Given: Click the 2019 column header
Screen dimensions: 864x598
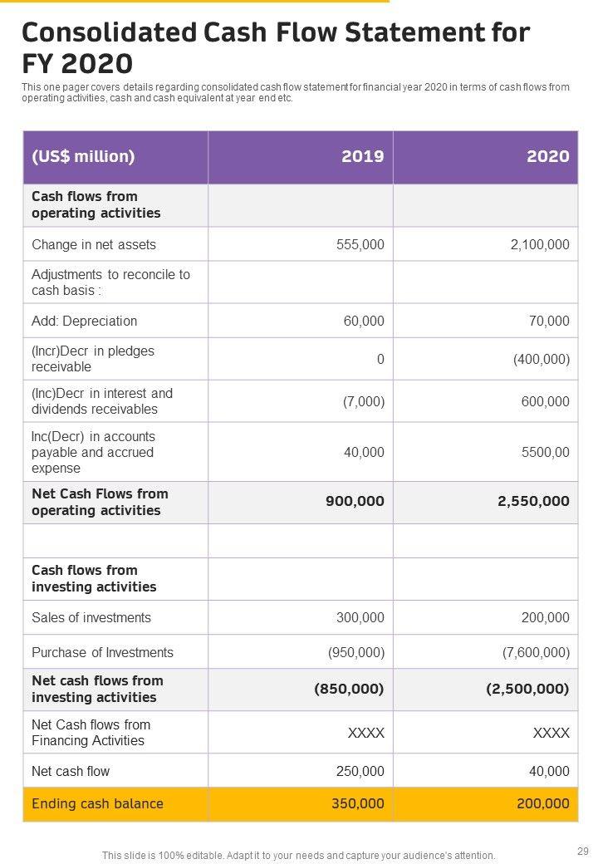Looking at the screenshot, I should coord(362,156).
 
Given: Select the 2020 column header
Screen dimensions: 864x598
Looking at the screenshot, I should coord(547,156).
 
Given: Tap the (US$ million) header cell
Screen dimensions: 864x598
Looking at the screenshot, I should coord(83,156).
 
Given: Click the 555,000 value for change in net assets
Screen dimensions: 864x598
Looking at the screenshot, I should coord(360,244).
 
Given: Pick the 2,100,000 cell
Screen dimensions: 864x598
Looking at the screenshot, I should coord(537,244).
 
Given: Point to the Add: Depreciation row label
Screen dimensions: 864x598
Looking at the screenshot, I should coord(85,321).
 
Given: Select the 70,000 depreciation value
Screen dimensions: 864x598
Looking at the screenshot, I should coord(548,321).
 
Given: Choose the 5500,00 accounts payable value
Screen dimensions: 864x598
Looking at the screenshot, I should coord(545,452).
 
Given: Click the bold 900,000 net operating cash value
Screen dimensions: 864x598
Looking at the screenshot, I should coord(355,501).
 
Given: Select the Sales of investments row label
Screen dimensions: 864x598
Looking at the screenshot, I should coord(91,617).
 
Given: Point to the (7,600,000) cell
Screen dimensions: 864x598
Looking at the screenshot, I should coord(536,652).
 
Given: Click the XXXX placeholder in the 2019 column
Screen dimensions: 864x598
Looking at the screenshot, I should coord(365,733).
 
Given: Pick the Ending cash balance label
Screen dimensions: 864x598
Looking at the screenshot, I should coord(97,803).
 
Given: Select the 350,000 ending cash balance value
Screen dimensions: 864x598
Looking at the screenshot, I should coord(358,803).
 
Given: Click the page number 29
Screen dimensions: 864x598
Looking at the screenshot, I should coord(581,851).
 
